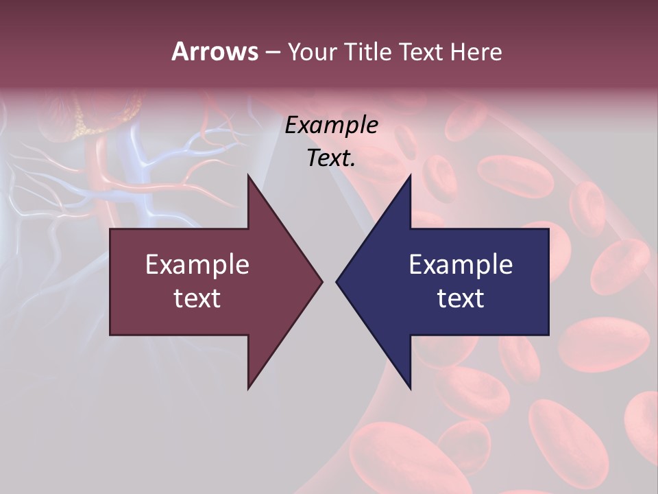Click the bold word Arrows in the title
[215, 51]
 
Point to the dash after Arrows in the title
[272, 52]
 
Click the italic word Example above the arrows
[331, 126]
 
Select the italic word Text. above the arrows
[331, 158]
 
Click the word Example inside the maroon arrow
[197, 265]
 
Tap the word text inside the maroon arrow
[197, 298]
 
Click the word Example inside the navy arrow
[461, 265]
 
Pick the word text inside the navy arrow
[461, 298]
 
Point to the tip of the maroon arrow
[321, 281]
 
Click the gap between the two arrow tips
[330, 281]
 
